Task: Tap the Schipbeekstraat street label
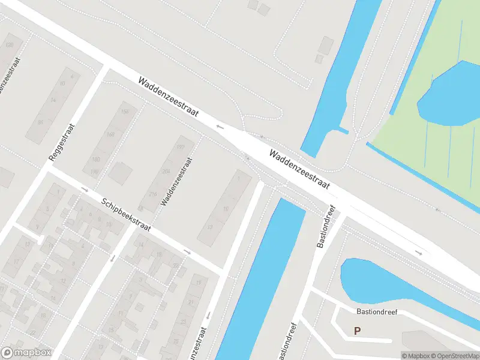coord(126,216)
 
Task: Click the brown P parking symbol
coord(358,331)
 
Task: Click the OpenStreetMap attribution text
coord(455,355)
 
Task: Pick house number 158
coord(125,112)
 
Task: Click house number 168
coord(110,135)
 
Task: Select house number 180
coord(95,160)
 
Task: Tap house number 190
coord(94,172)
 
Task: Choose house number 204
coord(165,170)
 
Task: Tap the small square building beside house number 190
coord(121,173)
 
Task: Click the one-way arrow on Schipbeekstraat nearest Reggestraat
coord(85,190)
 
